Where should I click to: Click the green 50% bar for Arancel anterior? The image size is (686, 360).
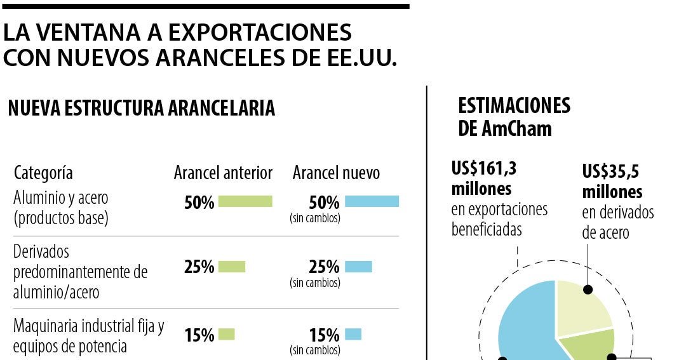tap(245, 201)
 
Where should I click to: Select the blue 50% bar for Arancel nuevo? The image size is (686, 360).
tap(372, 201)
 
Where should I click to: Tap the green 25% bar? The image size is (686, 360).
tap(232, 267)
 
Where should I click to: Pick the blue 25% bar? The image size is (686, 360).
tap(358, 267)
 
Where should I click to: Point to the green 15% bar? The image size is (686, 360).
tap(227, 334)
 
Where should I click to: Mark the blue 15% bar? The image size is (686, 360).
tap(353, 334)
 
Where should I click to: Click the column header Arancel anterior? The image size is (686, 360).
tap(223, 173)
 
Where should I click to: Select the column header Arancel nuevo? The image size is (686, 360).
tap(336, 173)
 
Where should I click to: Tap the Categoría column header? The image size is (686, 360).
tap(43, 173)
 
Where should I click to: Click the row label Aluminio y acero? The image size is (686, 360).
tap(61, 197)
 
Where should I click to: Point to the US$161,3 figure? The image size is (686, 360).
tap(484, 168)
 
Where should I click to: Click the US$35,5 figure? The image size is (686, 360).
tap(610, 171)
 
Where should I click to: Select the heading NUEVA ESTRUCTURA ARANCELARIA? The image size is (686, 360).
tap(141, 108)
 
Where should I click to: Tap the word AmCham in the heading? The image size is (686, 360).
tap(516, 129)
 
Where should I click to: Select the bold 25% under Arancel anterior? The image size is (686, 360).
tap(199, 267)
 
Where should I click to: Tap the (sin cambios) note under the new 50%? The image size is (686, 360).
tap(315, 218)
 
